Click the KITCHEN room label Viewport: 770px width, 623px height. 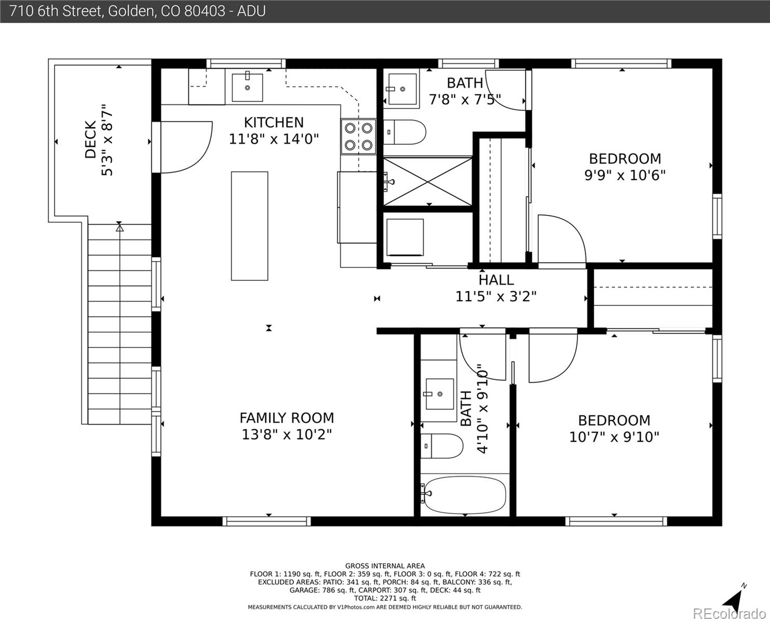coord(273,123)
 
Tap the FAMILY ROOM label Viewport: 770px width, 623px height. coord(286,418)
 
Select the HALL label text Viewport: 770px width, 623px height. coord(496,280)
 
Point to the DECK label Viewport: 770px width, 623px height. coord(90,140)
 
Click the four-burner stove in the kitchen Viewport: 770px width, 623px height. coord(358,137)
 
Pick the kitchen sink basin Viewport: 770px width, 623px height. coord(247,88)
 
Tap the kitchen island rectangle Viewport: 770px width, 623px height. coord(250,226)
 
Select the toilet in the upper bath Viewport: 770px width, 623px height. coord(405,132)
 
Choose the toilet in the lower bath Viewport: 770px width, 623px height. coord(442,446)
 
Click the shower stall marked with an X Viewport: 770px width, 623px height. coord(428,181)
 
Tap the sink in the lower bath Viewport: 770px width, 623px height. coord(439,394)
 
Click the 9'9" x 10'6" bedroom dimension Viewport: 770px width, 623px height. coord(625,175)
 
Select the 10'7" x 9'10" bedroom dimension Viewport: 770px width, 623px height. coord(614,437)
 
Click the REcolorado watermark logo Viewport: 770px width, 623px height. coord(730,614)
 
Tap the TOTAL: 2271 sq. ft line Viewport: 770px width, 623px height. coord(385,599)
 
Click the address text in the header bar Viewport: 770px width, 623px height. coord(137,11)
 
